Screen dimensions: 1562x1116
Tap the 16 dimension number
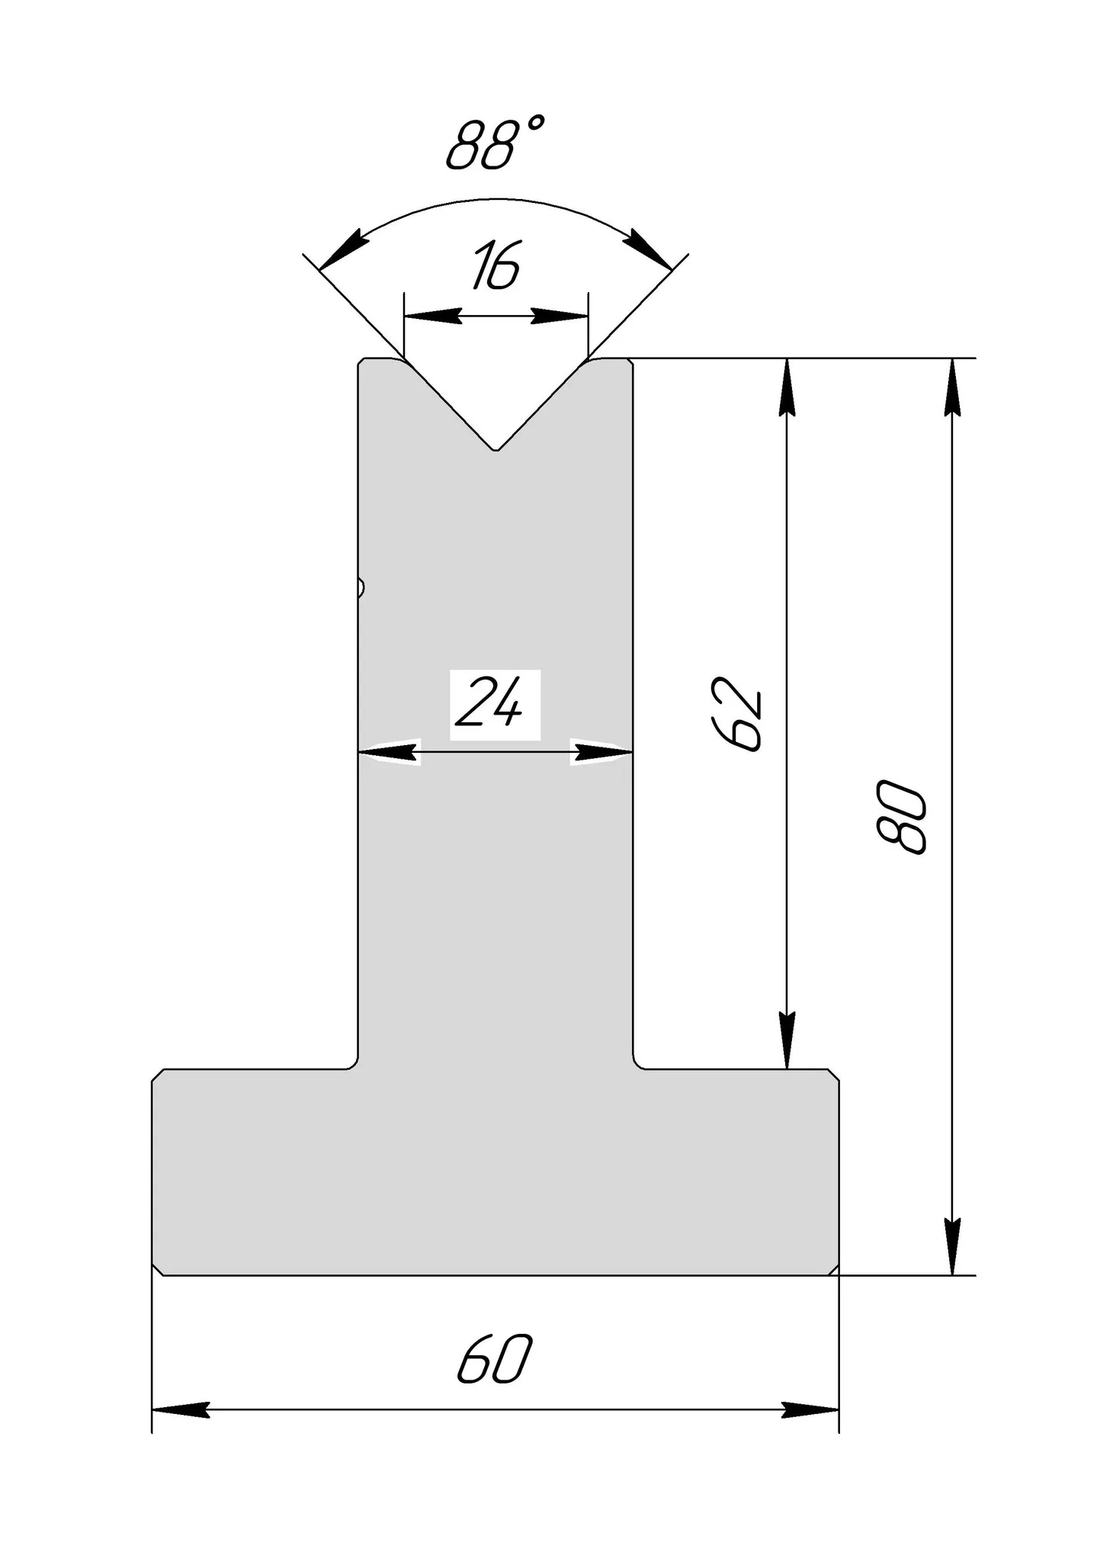495,266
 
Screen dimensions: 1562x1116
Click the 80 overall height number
903,816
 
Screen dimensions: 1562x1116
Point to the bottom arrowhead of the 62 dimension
787,1041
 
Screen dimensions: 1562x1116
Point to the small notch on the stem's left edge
361,588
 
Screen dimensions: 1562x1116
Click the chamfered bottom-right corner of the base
834,1269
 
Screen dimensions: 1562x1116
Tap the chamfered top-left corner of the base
158,1075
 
